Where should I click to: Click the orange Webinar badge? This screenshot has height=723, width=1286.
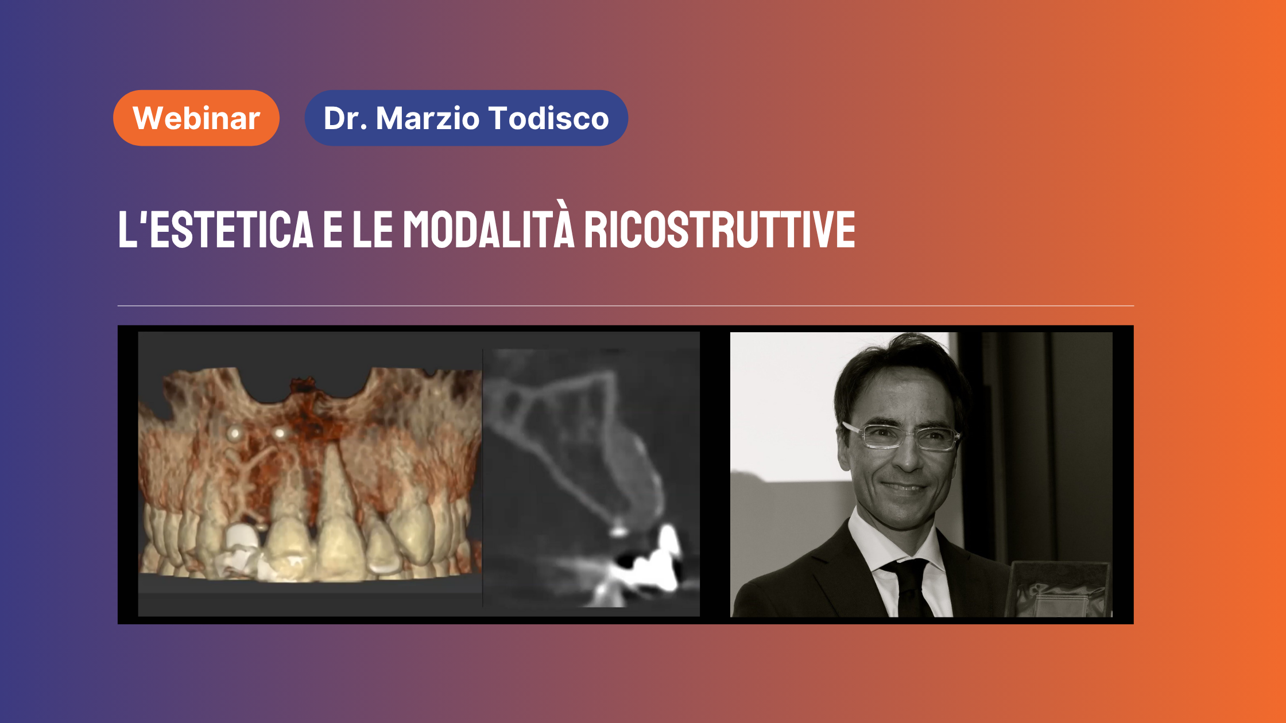click(x=196, y=118)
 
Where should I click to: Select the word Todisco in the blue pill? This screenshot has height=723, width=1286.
click(x=549, y=118)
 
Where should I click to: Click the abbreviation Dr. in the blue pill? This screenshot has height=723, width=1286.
click(x=345, y=118)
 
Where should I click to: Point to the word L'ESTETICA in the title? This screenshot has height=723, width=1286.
click(x=216, y=229)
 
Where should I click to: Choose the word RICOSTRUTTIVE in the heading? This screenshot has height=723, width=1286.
click(x=720, y=229)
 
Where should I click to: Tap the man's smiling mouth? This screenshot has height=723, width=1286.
click(x=904, y=488)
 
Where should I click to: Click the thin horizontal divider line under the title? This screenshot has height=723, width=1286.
click(x=626, y=306)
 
